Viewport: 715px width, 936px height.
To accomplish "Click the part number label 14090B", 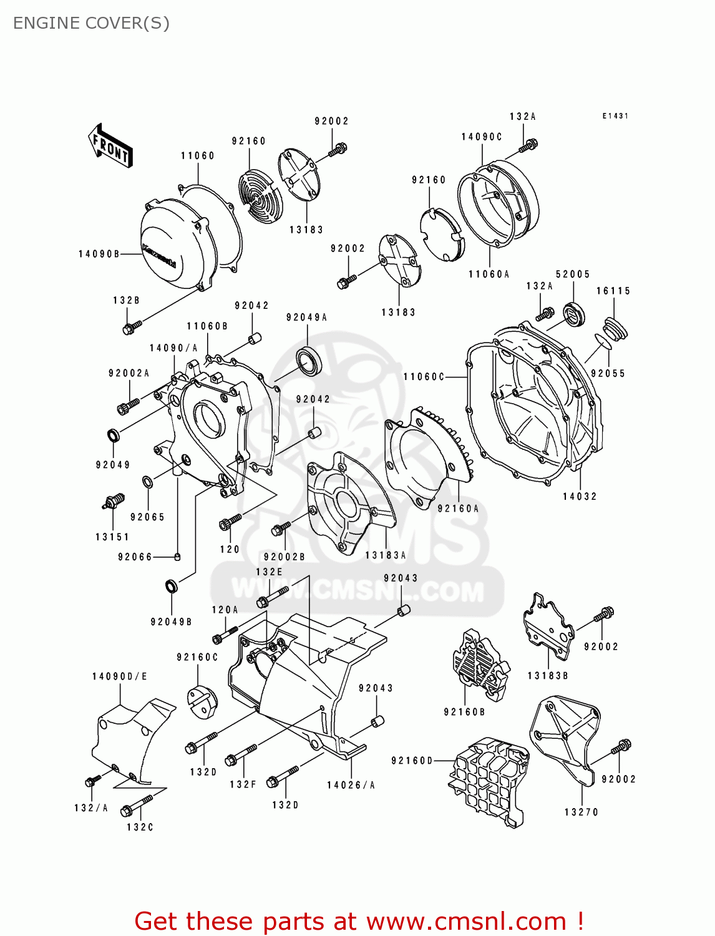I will tap(99, 254).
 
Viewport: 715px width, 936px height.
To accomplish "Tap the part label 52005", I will tap(572, 274).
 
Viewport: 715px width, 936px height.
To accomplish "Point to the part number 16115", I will tap(613, 291).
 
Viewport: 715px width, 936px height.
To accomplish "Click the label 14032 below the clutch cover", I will tap(580, 497).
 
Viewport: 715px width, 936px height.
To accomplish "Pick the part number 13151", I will tap(112, 537).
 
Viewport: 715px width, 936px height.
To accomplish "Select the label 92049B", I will tap(171, 622).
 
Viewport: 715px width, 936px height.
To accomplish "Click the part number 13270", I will tap(581, 812).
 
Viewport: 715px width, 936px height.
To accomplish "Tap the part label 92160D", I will tap(412, 761).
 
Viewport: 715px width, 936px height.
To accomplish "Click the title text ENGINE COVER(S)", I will tap(91, 23).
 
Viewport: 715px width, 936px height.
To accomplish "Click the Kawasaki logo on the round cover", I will tap(159, 255).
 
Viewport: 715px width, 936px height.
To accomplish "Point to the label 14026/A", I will tap(351, 785).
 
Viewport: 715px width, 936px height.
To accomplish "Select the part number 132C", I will tap(140, 827).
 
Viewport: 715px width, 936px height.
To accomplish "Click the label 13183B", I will tap(547, 676).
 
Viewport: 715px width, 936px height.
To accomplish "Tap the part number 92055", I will tap(607, 373).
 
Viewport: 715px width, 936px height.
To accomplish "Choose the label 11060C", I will tap(424, 377).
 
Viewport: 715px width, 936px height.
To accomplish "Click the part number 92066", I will tap(135, 557).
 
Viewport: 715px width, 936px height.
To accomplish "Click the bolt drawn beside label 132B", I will tap(132, 326).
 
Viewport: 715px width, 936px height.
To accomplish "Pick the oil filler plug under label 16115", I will tap(615, 329).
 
